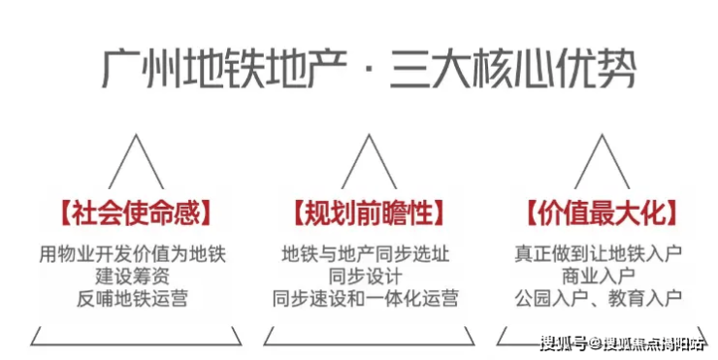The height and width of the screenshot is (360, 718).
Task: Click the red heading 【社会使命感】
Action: [136, 213]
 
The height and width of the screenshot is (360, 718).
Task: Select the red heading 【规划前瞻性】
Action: [369, 213]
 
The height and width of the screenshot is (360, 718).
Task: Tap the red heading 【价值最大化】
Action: [602, 213]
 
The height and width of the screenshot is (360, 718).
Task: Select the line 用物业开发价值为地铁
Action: [132, 254]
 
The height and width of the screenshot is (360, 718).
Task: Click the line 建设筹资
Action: [132, 277]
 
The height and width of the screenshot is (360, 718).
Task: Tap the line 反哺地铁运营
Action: [132, 298]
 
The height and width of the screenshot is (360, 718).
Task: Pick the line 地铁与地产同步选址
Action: [366, 254]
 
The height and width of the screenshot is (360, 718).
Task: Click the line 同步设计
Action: [366, 277]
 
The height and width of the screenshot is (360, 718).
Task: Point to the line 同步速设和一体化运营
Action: [366, 298]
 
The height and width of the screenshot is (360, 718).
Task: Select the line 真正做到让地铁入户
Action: [599, 254]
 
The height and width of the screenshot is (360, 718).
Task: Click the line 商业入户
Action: [599, 277]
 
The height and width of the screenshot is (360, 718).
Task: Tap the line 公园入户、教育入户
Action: [599, 298]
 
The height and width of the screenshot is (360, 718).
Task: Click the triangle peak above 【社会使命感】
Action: [136, 135]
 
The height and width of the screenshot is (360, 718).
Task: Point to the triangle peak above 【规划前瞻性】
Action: [369, 135]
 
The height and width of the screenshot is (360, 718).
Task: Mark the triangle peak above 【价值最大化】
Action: [603, 135]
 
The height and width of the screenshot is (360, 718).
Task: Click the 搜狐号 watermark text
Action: [564, 344]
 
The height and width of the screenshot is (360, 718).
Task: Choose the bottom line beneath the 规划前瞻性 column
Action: [369, 344]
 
